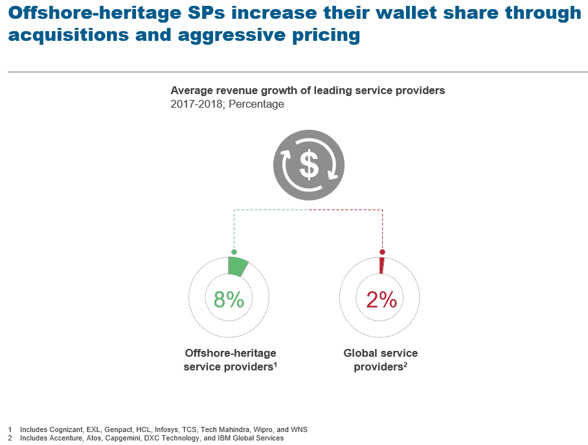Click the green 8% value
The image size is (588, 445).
(229, 299)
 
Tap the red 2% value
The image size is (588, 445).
(381, 299)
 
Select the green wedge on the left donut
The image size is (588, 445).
(237, 267)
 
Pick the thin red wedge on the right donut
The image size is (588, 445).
(381, 265)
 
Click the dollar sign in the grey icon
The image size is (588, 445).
(309, 165)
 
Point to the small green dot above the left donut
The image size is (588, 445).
(234, 252)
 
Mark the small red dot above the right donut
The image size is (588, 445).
(382, 252)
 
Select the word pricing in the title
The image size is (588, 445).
(326, 35)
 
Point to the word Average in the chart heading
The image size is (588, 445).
(190, 91)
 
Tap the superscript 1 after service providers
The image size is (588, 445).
(275, 364)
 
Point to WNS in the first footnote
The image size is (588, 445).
(300, 429)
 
